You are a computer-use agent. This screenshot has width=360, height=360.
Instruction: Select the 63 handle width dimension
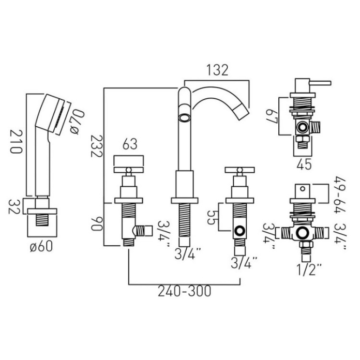[x=130, y=145]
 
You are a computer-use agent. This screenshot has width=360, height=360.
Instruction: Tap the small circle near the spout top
[x=183, y=118]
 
